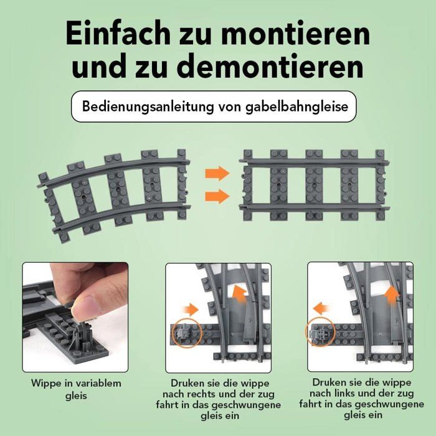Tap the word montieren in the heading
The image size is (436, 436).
295,34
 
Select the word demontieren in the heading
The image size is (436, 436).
270,66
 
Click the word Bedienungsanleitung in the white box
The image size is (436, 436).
148,107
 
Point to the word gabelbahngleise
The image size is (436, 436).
296,107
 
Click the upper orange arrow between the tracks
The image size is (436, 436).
217,173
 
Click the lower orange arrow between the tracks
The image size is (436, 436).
217,196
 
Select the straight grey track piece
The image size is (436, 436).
314,185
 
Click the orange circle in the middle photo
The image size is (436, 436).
187,333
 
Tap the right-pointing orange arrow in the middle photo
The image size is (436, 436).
190,310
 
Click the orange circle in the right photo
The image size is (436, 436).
320,332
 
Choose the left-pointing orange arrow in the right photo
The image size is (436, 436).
322,309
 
